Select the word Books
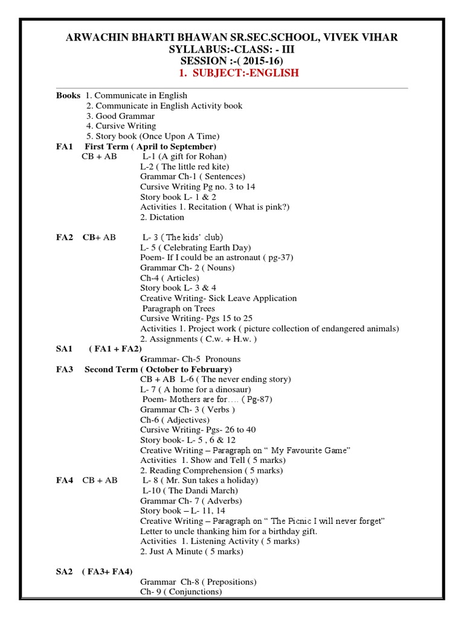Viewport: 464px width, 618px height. tap(68, 95)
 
